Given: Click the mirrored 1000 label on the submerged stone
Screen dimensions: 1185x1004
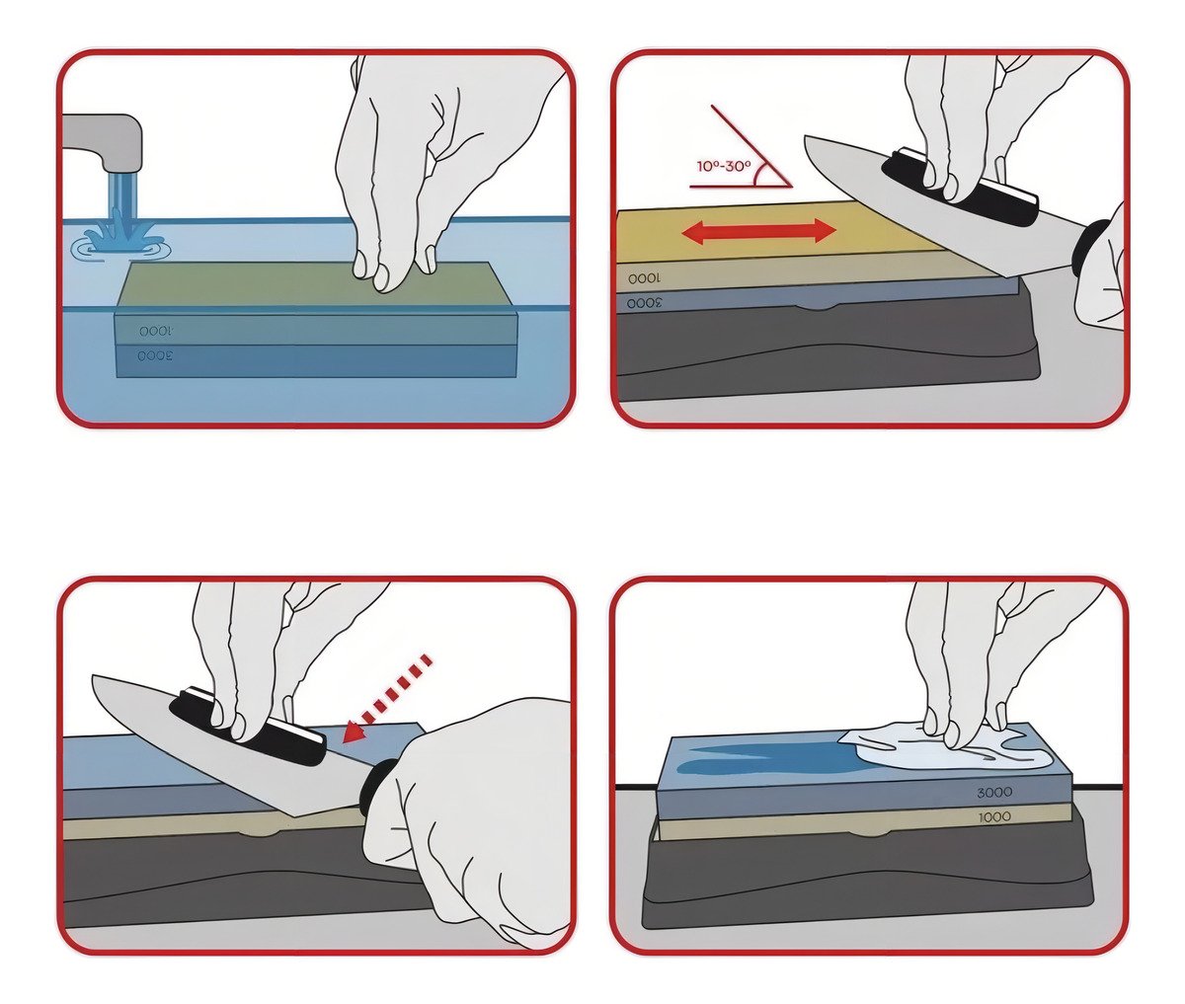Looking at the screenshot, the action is pyautogui.click(x=156, y=332).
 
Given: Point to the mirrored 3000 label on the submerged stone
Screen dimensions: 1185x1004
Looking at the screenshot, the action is pyautogui.click(x=155, y=356).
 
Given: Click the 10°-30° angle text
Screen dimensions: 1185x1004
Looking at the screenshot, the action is pyautogui.click(x=724, y=167).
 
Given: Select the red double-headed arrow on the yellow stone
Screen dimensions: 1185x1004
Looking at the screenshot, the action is pyautogui.click(x=757, y=232).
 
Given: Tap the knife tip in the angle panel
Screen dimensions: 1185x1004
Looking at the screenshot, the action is pyautogui.click(x=806, y=137).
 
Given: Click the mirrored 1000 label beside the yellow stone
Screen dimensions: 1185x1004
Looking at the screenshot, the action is pyautogui.click(x=645, y=278).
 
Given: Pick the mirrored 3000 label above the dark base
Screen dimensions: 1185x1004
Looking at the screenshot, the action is pyautogui.click(x=645, y=302).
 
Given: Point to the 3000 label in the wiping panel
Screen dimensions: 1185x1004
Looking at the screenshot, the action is pyautogui.click(x=994, y=793).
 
